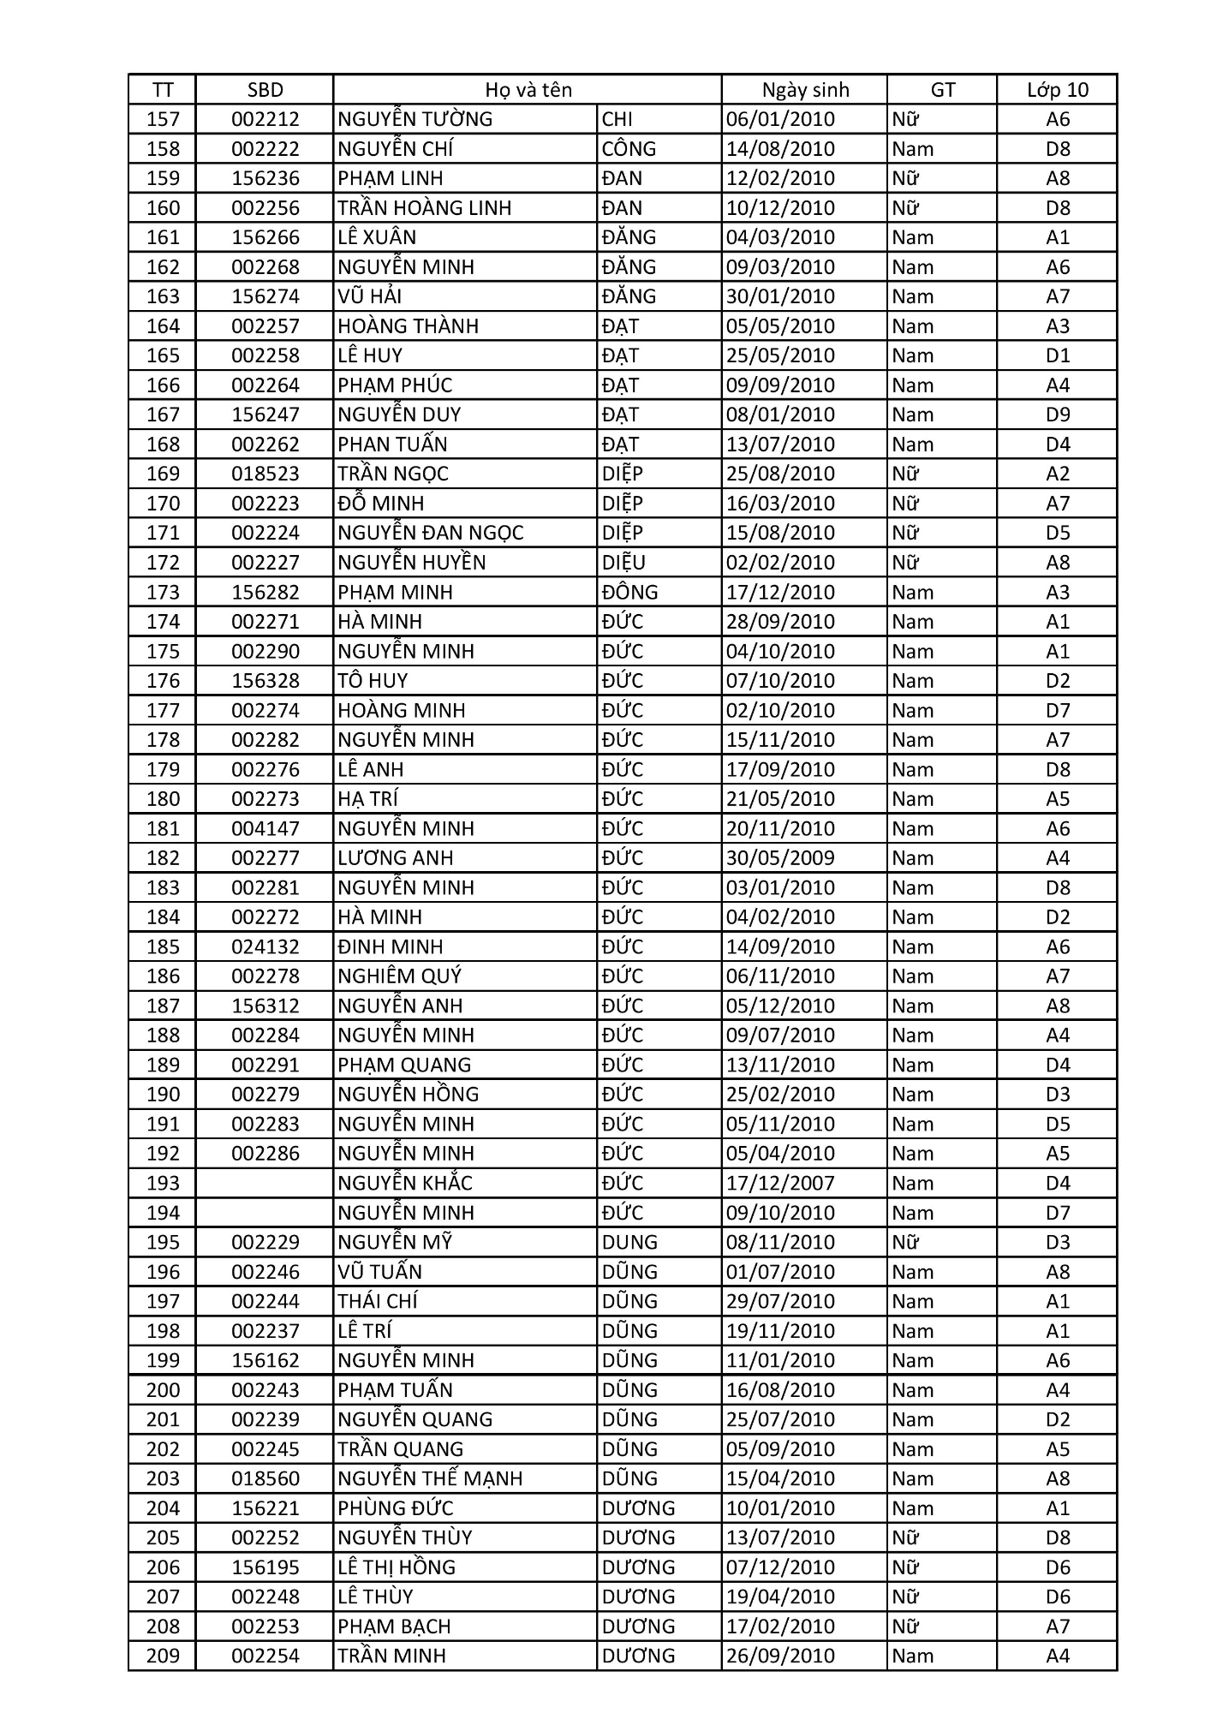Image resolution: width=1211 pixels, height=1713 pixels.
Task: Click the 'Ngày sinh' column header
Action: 805,90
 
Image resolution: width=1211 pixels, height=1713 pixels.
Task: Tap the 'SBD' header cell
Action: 265,90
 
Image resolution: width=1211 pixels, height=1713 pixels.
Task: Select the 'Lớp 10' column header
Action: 1057,90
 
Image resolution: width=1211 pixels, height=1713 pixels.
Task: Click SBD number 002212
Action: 265,119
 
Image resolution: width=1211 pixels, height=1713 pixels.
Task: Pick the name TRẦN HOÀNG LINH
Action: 424,208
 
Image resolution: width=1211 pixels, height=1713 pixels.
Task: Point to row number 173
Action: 163,593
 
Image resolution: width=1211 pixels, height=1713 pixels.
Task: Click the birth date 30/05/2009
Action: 780,858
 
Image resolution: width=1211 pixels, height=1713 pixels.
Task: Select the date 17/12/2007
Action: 780,1184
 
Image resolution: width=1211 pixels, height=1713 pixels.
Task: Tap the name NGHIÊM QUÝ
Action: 399,976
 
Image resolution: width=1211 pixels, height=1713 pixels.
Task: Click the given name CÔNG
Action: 629,149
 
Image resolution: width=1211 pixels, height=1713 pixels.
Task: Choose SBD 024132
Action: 265,947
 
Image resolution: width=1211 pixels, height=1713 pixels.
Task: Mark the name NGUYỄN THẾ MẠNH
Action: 430,1479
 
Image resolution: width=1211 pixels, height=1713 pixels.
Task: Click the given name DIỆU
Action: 623,563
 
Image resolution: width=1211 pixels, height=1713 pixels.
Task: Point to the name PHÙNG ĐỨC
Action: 395,1508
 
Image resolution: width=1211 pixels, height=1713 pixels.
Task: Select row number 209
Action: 163,1656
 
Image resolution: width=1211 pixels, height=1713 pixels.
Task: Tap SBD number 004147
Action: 265,829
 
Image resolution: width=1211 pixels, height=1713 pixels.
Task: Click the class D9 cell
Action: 1058,415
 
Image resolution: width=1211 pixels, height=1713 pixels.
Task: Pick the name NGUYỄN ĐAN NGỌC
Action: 430,533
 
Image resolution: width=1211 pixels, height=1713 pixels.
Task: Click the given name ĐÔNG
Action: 629,593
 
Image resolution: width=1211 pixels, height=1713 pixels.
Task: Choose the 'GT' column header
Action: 942,90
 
